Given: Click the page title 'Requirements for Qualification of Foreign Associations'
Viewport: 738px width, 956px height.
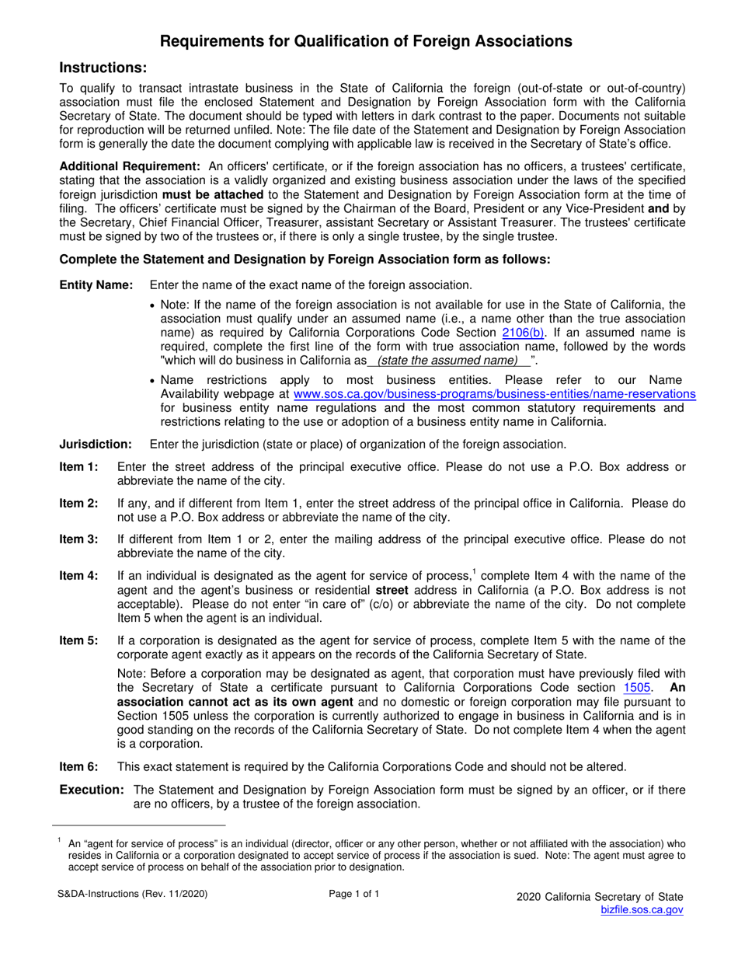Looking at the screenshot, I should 368,41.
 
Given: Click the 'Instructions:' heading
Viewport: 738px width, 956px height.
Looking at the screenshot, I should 103,69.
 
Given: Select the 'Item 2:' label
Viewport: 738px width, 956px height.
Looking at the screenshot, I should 79,503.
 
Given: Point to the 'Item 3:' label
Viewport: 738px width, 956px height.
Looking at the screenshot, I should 79,539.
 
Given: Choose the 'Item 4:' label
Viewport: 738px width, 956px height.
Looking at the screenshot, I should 79,576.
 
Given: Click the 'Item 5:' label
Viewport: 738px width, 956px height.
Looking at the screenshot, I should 79,640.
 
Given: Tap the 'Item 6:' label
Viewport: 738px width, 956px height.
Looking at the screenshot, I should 79,766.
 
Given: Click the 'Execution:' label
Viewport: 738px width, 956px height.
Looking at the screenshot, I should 92,790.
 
